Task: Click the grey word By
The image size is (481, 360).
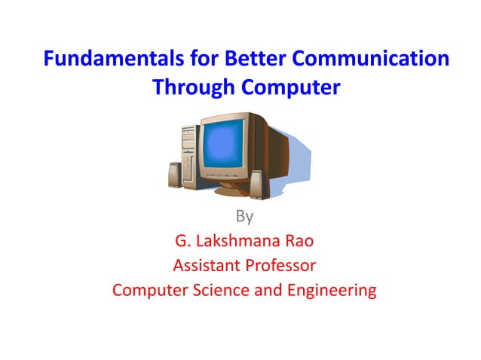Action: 244,217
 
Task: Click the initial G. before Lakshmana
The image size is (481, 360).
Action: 182,242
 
